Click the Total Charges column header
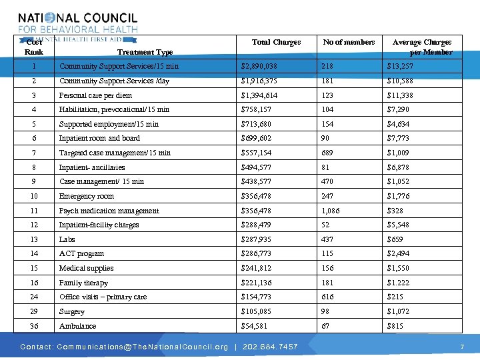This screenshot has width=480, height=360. [x=276, y=42]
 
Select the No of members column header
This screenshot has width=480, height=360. [x=349, y=42]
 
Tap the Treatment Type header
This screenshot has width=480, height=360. [x=145, y=52]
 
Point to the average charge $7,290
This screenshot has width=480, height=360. [x=399, y=109]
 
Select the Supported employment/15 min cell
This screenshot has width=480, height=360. [x=109, y=124]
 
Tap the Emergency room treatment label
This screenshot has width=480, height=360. [x=86, y=196]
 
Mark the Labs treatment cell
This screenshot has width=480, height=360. [x=67, y=239]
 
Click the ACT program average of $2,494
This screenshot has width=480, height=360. [x=399, y=253]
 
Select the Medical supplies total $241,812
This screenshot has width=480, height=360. [x=257, y=268]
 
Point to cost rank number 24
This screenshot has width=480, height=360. [x=33, y=297]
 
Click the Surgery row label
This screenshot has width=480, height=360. [x=71, y=311]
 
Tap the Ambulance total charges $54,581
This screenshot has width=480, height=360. [x=254, y=326]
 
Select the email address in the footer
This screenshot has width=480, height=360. [x=143, y=347]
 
